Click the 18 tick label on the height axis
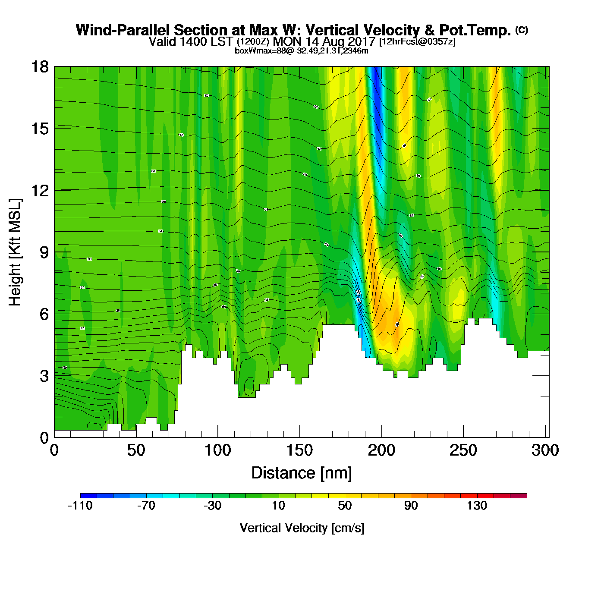pos(39,67)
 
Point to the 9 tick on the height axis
pos(54,252)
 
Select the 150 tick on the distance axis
pos(299,437)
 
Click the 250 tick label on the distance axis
pos(463,450)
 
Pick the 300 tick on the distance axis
pos(545,437)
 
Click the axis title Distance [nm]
pos(302,473)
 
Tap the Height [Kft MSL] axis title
pos(15,252)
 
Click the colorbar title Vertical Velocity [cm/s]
pos(302,528)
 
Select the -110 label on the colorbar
pos(80,506)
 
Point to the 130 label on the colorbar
pos(477,506)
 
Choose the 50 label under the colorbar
pos(344,506)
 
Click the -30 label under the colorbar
pos(212,506)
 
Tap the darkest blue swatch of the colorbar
pos(88,495)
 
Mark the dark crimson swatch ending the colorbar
pos(519,495)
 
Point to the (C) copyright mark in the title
pos(522,30)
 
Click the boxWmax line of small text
pos(301,51)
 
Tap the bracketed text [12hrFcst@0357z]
pos(417,41)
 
